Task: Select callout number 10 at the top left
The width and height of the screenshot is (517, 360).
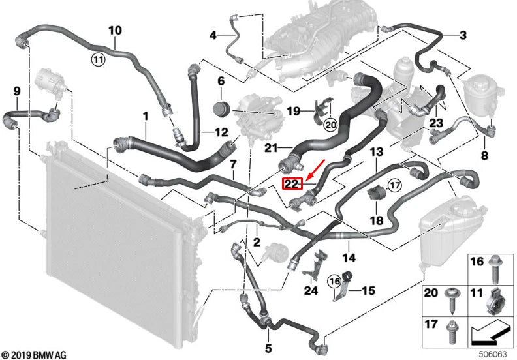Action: [115, 30]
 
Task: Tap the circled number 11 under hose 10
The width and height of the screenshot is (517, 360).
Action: [97, 60]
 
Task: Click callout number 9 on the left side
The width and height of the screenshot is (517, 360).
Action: [17, 91]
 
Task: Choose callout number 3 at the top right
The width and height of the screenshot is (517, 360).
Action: [462, 35]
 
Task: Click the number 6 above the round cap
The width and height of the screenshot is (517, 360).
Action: [221, 82]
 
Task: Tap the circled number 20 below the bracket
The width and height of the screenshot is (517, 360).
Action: [329, 125]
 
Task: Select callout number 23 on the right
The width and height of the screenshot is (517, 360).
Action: [436, 123]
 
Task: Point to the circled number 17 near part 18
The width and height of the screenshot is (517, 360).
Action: [394, 186]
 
